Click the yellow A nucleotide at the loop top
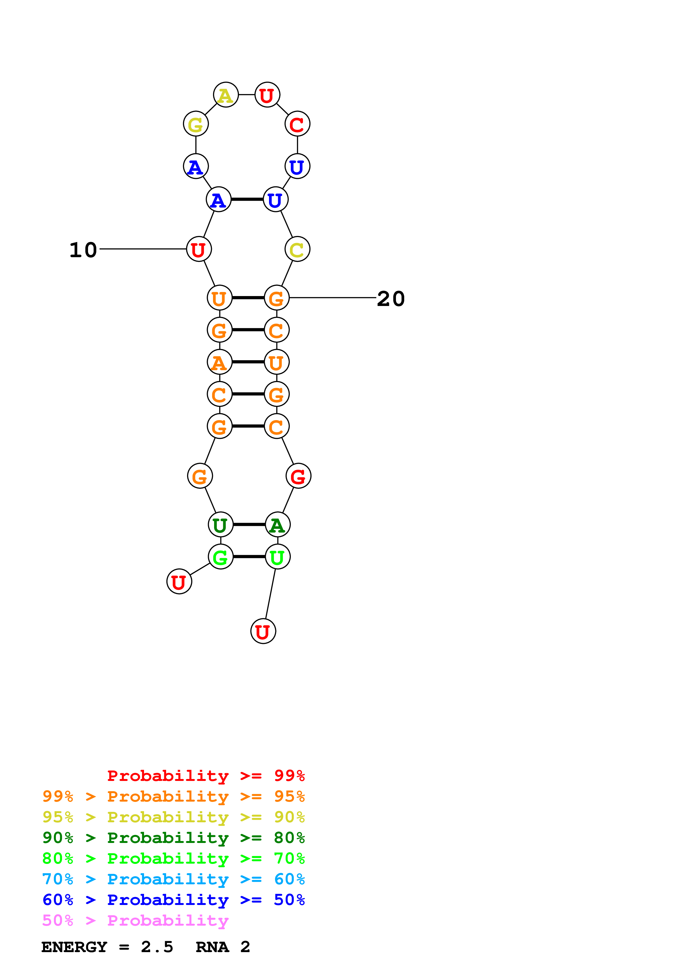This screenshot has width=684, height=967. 226,95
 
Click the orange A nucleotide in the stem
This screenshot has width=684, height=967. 220,362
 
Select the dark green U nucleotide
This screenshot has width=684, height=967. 220,525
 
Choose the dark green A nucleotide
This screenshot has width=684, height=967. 278,525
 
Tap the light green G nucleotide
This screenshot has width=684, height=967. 220,557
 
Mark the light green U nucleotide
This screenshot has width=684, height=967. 278,557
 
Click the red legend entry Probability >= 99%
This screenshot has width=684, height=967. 206,776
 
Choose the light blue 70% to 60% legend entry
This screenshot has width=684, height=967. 174,879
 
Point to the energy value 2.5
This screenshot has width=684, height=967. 157,947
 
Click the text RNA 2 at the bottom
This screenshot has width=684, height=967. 223,947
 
